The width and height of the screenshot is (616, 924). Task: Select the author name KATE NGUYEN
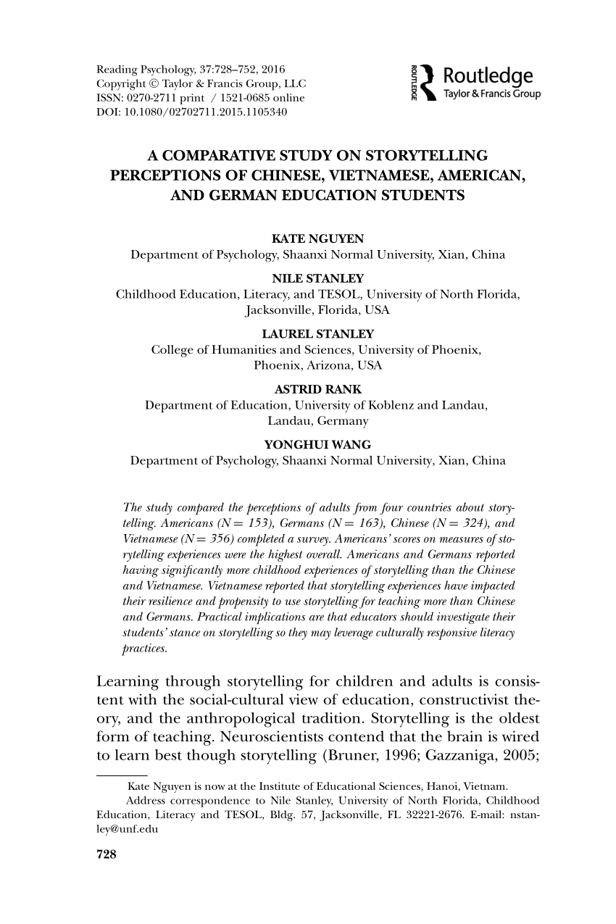[307, 239]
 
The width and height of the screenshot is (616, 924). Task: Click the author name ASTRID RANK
[307, 389]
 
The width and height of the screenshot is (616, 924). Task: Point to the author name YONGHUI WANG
[307, 445]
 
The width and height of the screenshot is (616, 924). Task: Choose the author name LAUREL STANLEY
[307, 334]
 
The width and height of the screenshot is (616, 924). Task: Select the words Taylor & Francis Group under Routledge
[492, 94]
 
